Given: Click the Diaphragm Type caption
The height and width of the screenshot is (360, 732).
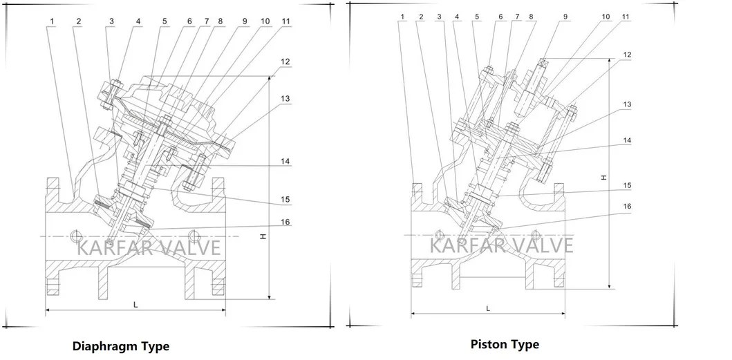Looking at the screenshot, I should pyautogui.click(x=121, y=345).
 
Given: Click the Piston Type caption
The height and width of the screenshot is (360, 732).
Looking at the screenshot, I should pyautogui.click(x=505, y=343).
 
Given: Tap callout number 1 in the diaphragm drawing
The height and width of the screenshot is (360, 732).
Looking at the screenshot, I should pyautogui.click(x=52, y=21).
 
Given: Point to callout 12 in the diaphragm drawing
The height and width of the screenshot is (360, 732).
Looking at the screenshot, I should pyautogui.click(x=285, y=62).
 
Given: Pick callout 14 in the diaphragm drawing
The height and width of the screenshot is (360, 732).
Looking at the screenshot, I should pyautogui.click(x=285, y=162).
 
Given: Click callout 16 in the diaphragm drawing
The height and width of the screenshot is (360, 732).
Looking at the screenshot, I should pyautogui.click(x=285, y=222).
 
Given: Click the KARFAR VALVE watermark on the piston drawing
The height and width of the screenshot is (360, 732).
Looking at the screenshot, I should pyautogui.click(x=502, y=245).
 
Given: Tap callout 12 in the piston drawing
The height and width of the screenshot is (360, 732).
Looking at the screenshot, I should pyautogui.click(x=626, y=54).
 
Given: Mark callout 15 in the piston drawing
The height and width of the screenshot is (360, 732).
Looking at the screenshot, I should pyautogui.click(x=626, y=185).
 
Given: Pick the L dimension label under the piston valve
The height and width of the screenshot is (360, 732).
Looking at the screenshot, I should pyautogui.click(x=489, y=307).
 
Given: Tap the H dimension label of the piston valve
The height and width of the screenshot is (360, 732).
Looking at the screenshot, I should pyautogui.click(x=603, y=178).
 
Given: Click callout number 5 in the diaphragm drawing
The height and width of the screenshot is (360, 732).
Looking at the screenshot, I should pyautogui.click(x=165, y=21).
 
